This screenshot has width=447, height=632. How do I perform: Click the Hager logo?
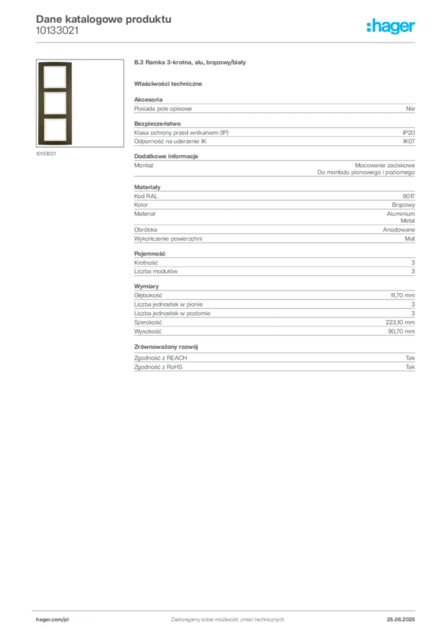click(391, 27)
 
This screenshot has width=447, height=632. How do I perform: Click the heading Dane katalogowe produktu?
click(104, 19)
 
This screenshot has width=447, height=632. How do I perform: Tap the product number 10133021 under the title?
click(57, 31)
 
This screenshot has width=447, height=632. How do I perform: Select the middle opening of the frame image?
click(55, 103)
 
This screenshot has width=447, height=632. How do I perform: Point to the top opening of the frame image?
click(55, 77)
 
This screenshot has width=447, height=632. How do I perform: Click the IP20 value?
click(408, 133)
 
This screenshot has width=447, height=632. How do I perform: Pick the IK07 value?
click(409, 141)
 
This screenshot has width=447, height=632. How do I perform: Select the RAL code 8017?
click(409, 196)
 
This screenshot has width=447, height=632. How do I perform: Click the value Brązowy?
click(403, 205)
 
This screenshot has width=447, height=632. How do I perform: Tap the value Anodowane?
click(399, 230)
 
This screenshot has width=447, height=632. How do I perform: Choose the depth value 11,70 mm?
click(403, 296)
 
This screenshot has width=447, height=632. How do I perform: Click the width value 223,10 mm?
click(400, 322)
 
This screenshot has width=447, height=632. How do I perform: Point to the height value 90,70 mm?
click(401, 331)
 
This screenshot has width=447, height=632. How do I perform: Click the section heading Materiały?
click(147, 188)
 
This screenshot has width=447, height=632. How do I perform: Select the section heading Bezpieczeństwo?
click(157, 123)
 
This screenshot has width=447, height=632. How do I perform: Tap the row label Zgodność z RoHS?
click(158, 367)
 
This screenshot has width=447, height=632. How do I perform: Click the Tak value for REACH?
click(410, 358)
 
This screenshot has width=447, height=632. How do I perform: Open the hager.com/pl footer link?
click(52, 620)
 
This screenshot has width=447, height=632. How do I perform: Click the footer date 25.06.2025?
click(401, 620)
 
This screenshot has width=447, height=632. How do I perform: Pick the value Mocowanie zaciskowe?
click(385, 165)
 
